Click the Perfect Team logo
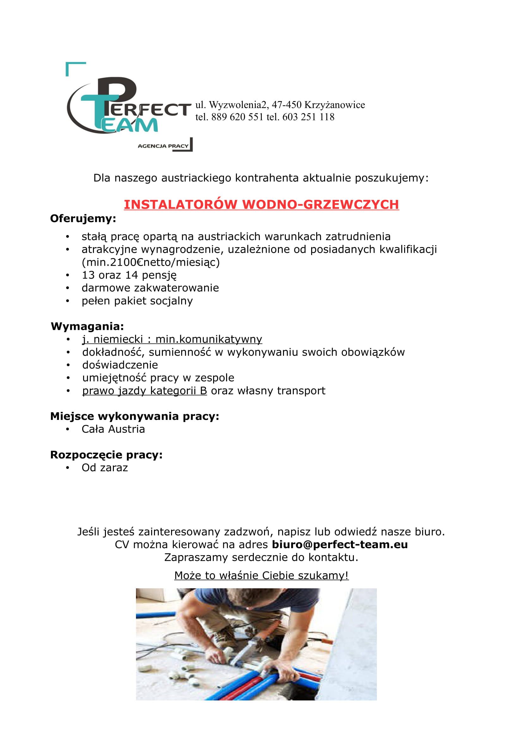pos(127,108)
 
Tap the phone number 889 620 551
pos(237,117)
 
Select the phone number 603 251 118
pos(308,117)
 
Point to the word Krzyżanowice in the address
pos(335,105)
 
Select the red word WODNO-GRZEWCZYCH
pos(320,204)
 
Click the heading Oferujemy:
pos(83,219)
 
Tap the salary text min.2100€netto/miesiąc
pos(151,263)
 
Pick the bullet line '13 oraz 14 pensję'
pos(129,275)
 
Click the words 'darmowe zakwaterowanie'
pos(150,288)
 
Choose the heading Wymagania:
pos(87,327)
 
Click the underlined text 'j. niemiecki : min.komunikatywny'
pos(172,339)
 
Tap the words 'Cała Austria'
pos(114,429)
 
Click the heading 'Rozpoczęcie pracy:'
pos(106,455)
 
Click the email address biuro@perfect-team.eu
pos(340,545)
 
